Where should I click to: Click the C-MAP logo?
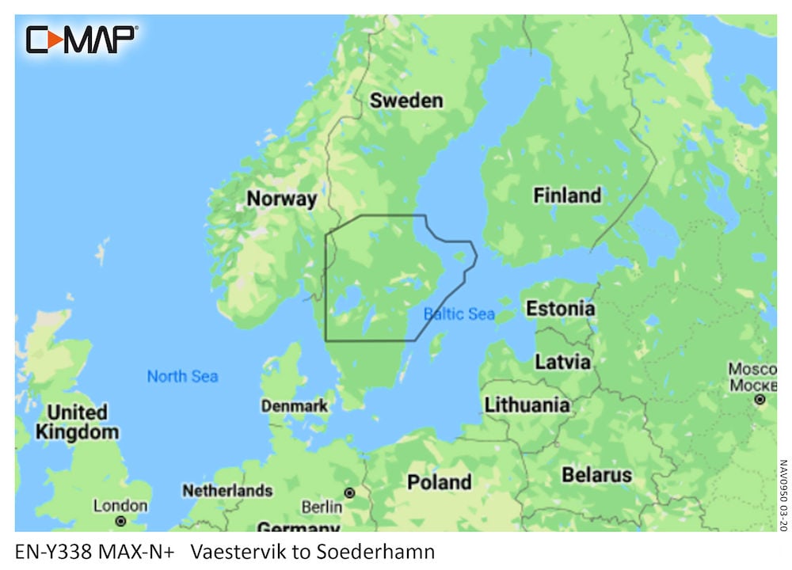click(82, 39)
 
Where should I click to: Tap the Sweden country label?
click(406, 101)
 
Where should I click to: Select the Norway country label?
click(281, 198)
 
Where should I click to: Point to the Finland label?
click(567, 195)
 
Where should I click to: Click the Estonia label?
click(560, 308)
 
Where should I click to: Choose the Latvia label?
click(562, 362)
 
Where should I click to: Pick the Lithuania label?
click(527, 405)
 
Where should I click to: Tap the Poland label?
click(439, 481)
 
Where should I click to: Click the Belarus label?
click(596, 475)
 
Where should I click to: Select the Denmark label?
click(294, 405)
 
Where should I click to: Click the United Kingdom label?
click(77, 422)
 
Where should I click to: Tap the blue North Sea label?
click(182, 376)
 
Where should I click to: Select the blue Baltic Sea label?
click(459, 314)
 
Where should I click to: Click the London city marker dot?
click(120, 521)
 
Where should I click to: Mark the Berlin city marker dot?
click(348, 492)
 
